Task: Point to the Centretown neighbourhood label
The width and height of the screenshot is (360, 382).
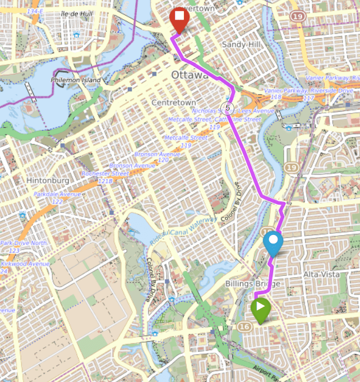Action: pyautogui.click(x=174, y=103)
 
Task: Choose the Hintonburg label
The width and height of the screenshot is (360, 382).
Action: pyautogui.click(x=48, y=181)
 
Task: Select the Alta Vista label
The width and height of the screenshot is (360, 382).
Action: pyautogui.click(x=318, y=274)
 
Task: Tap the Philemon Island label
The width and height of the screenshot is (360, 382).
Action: pyautogui.click(x=76, y=80)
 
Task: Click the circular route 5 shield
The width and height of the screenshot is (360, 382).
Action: pyautogui.click(x=227, y=107)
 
